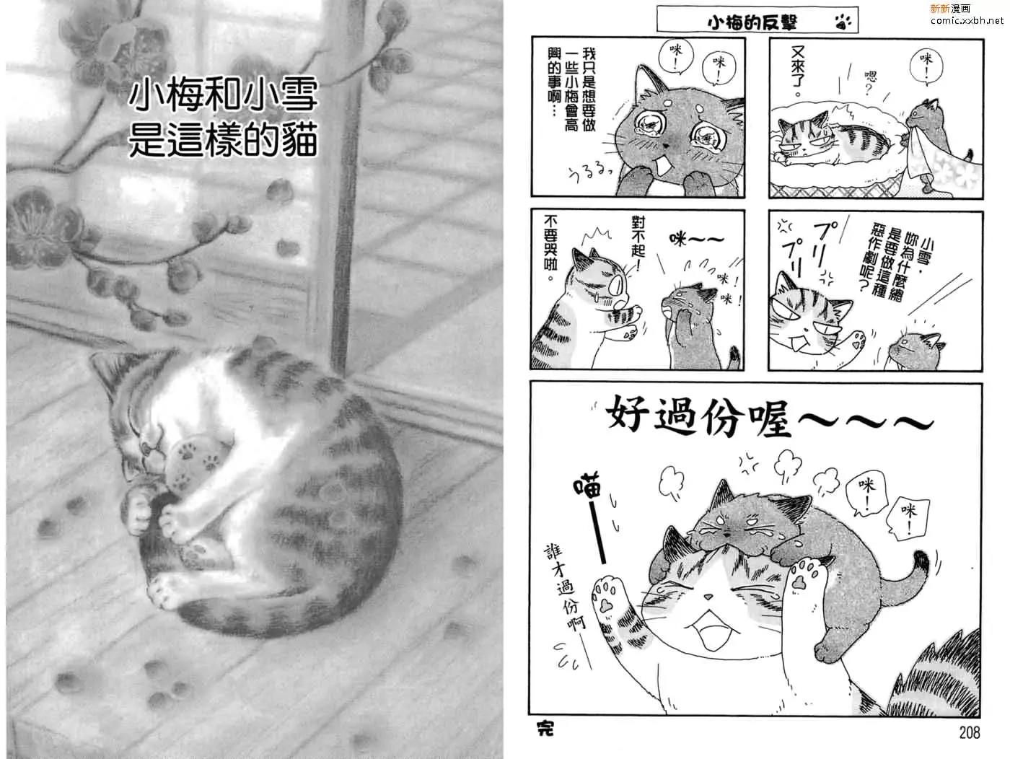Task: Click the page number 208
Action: [969, 732]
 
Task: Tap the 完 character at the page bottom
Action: [545, 729]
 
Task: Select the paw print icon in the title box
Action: [843, 21]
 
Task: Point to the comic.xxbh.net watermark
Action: [967, 20]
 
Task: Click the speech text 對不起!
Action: [638, 245]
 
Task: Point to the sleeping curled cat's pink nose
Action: [146, 448]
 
